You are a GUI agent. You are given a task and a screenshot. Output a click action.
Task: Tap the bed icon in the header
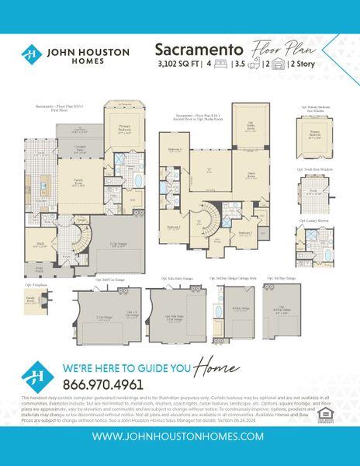pyautogui.click(x=219, y=64)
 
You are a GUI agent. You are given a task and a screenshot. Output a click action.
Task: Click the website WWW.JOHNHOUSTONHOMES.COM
pyautogui.click(x=179, y=437)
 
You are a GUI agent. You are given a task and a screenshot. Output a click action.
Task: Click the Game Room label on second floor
pyautogui.click(x=251, y=176)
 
